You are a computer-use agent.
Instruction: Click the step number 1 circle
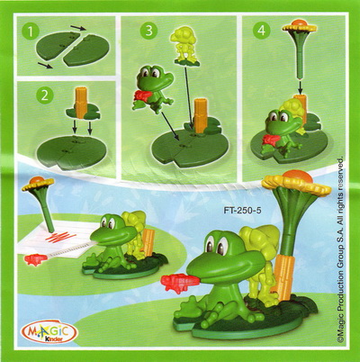tap(30, 32)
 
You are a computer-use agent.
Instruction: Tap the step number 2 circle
tap(44, 95)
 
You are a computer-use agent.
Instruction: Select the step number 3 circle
tap(149, 31)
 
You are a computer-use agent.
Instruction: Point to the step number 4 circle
tap(262, 31)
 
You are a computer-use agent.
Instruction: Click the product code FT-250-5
tap(242, 211)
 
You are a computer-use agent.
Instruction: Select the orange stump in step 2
tap(81, 101)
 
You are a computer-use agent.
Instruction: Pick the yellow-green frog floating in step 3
tap(183, 46)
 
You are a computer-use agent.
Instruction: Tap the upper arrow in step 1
tap(78, 29)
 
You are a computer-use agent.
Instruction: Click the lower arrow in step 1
tap(46, 65)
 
